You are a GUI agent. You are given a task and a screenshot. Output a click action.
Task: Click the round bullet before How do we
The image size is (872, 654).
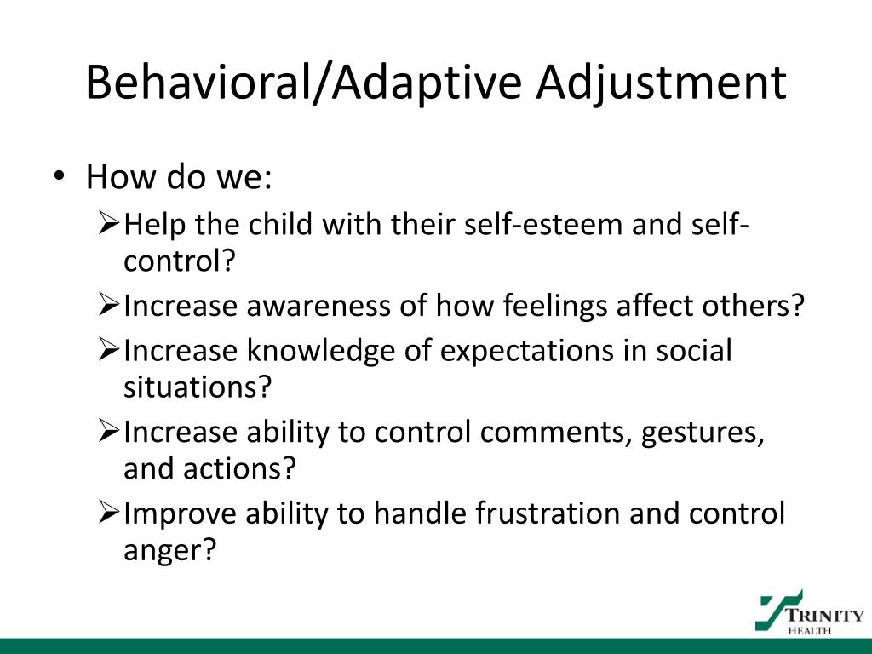pyautogui.click(x=57, y=177)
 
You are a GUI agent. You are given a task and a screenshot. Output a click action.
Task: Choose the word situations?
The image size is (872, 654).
pyautogui.click(x=197, y=387)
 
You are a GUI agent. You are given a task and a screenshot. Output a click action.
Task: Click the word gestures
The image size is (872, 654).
pyautogui.click(x=703, y=432)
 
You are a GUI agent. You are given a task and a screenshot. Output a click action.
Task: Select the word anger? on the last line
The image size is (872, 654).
pyautogui.click(x=169, y=551)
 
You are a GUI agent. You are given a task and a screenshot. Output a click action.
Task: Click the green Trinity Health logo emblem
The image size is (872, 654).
pyautogui.click(x=777, y=609)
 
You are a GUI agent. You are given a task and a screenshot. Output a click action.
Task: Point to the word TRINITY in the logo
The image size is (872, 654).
pyautogui.click(x=823, y=615)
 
